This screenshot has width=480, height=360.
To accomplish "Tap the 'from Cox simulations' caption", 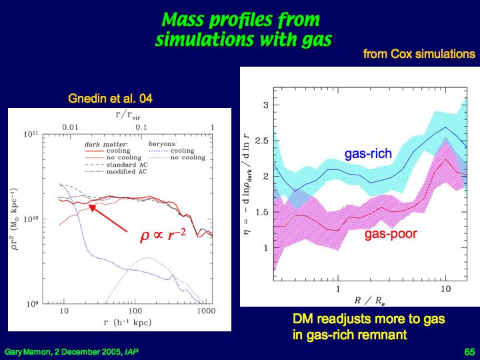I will coord(419,54).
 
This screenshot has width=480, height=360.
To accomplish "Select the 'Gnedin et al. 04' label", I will coord(110,99).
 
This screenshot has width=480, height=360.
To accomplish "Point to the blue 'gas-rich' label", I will coord(368,154).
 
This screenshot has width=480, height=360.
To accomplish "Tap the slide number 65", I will coord(468,351).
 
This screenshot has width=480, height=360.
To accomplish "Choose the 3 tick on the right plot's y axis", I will coord(265,105).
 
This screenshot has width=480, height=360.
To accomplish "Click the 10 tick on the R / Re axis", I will coord(445,289).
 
